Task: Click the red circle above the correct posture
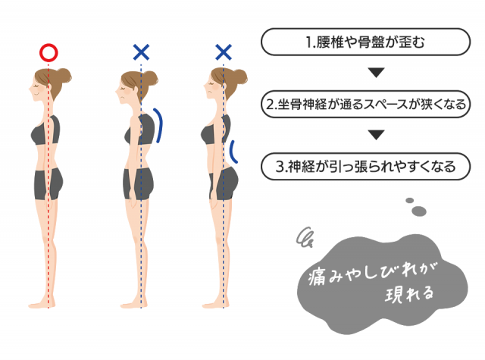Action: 48,53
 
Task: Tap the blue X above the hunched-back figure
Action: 141,52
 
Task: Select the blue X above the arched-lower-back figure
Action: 224,52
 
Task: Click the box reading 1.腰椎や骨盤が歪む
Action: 365,42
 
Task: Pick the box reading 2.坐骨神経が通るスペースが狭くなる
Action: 365,104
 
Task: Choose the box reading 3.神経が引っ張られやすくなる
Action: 365,167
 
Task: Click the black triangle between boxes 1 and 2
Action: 376,72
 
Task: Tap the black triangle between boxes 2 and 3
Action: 376,135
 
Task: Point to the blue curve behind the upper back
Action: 158,125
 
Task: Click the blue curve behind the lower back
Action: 233,152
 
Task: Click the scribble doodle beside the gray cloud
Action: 305,237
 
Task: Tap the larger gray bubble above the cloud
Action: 419,211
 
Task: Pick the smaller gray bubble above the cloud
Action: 409,200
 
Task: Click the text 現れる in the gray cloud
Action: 409,294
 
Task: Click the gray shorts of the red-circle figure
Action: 48,184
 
